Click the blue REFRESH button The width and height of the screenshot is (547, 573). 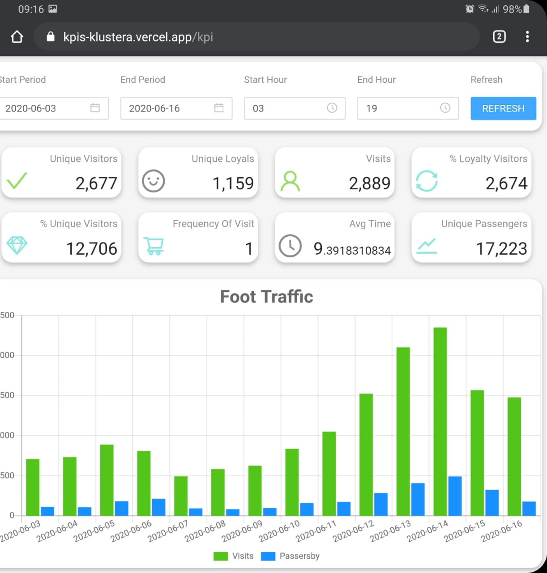click(x=503, y=108)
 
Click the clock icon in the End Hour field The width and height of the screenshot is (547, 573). click(x=445, y=108)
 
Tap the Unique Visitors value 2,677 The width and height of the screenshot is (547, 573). click(x=96, y=183)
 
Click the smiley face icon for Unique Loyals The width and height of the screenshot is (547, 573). click(x=153, y=181)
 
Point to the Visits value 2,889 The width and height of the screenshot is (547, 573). click(x=369, y=183)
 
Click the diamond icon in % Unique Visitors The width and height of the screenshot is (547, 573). click(x=17, y=245)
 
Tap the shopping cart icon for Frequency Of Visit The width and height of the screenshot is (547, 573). click(x=154, y=246)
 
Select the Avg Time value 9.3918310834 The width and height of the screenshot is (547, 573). click(x=352, y=249)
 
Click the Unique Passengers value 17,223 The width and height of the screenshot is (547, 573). click(x=501, y=248)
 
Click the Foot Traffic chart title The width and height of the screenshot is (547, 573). click(x=266, y=296)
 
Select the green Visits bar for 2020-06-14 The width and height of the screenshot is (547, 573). click(x=440, y=421)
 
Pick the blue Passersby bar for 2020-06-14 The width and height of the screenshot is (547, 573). click(x=455, y=496)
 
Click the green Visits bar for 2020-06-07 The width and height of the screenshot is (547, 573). click(x=181, y=496)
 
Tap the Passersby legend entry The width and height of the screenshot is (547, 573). click(x=291, y=556)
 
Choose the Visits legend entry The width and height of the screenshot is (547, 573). click(x=234, y=556)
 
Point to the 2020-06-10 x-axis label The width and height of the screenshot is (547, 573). click(x=279, y=531)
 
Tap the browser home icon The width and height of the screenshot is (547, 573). click(x=17, y=37)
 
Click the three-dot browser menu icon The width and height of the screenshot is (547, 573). click(x=527, y=37)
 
